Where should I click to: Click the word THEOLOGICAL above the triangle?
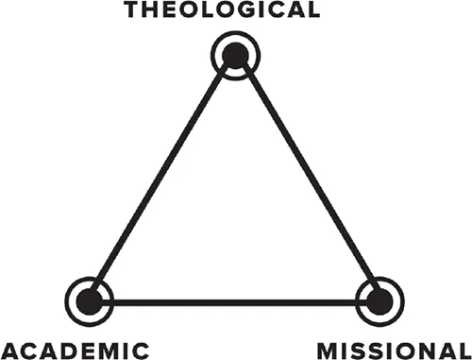[236, 10]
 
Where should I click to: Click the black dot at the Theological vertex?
[235, 58]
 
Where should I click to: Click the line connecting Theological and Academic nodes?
[161, 180]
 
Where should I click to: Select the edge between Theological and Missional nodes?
[308, 180]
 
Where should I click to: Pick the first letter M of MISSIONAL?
[327, 348]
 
